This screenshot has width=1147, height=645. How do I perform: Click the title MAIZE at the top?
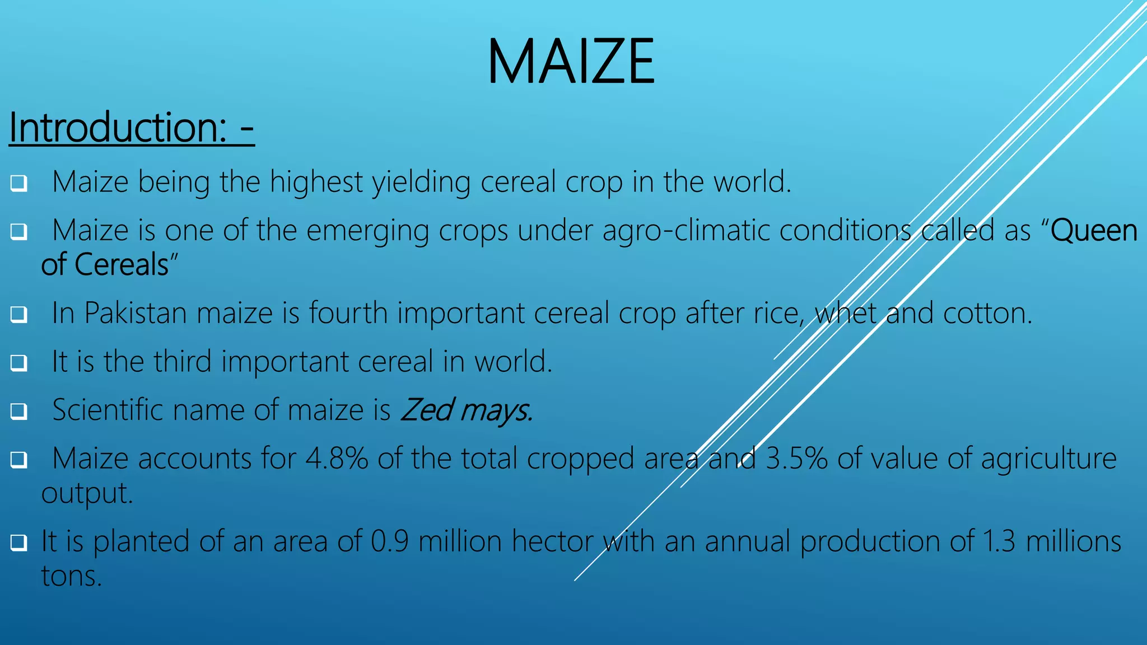click(x=571, y=62)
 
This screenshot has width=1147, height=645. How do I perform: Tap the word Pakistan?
click(x=135, y=313)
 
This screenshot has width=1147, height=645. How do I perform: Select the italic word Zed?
click(x=426, y=410)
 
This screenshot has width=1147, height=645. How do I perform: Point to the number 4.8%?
click(x=337, y=459)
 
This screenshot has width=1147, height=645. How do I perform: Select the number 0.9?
click(x=389, y=541)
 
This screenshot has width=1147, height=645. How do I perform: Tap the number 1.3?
click(x=999, y=541)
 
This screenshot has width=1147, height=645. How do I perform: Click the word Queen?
click(x=1094, y=231)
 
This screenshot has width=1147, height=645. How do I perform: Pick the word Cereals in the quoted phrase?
click(x=122, y=265)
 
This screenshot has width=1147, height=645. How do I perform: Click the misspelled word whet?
click(x=846, y=313)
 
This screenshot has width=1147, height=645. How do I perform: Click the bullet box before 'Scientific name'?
click(x=18, y=412)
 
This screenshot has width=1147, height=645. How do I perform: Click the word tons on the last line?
click(x=71, y=576)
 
